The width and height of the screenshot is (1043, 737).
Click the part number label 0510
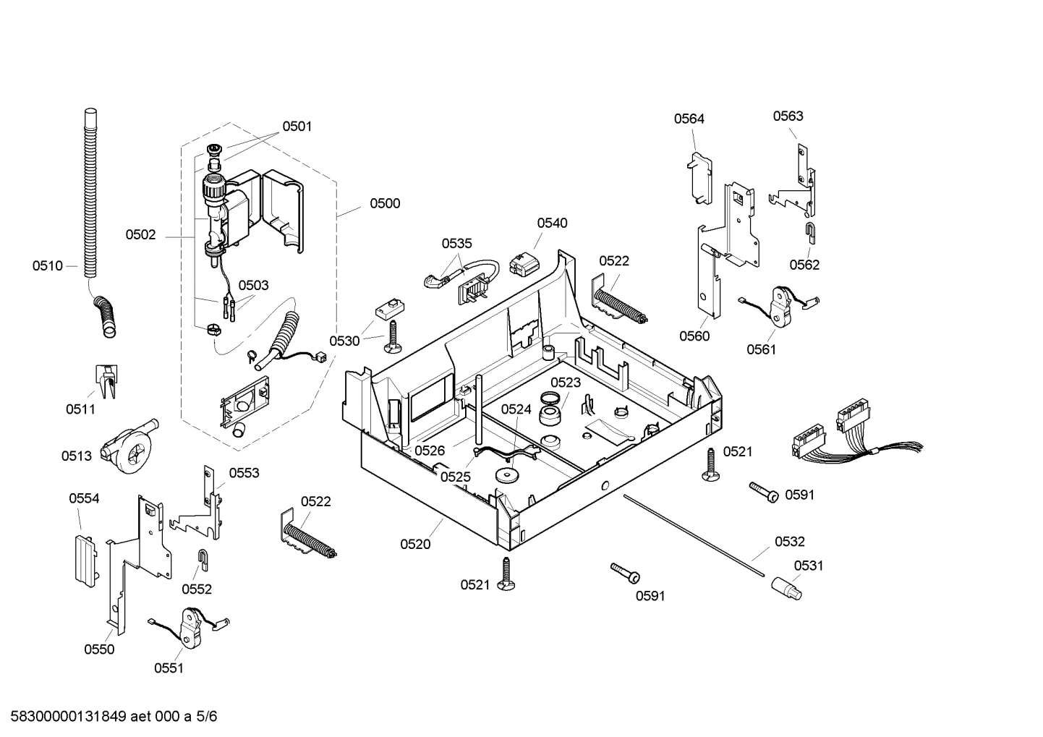(47, 266)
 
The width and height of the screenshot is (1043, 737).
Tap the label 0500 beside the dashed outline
(385, 204)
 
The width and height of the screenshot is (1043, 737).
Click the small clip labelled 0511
(106, 380)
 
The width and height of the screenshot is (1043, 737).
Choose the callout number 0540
(552, 223)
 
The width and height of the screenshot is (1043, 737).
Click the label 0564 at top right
(689, 119)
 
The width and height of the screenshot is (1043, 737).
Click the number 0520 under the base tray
(415, 545)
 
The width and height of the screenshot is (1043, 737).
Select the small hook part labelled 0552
(204, 558)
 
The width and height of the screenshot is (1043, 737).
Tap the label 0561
(761, 350)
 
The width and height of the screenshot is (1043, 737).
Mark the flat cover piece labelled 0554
(85, 554)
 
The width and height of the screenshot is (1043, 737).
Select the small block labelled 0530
(388, 309)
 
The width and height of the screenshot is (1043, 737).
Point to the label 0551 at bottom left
(169, 668)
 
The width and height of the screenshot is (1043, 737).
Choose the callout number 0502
(140, 235)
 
